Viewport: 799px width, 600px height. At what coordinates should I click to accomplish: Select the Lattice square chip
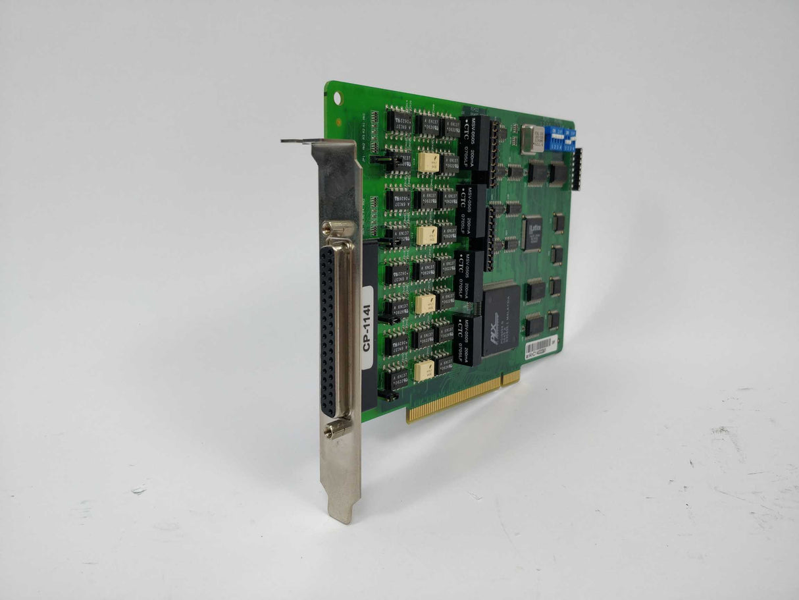click(532, 232)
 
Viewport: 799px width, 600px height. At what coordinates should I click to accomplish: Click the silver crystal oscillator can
click(530, 138)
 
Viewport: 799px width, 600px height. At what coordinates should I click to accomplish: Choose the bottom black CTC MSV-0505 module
click(466, 339)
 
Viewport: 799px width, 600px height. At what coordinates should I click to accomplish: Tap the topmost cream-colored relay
click(428, 162)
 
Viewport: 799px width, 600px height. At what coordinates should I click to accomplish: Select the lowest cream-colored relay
click(424, 370)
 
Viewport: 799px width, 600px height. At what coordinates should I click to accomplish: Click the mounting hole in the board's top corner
click(338, 98)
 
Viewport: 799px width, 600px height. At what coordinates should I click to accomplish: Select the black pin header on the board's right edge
click(577, 169)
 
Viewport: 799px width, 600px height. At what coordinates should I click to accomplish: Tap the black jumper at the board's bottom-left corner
click(388, 396)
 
